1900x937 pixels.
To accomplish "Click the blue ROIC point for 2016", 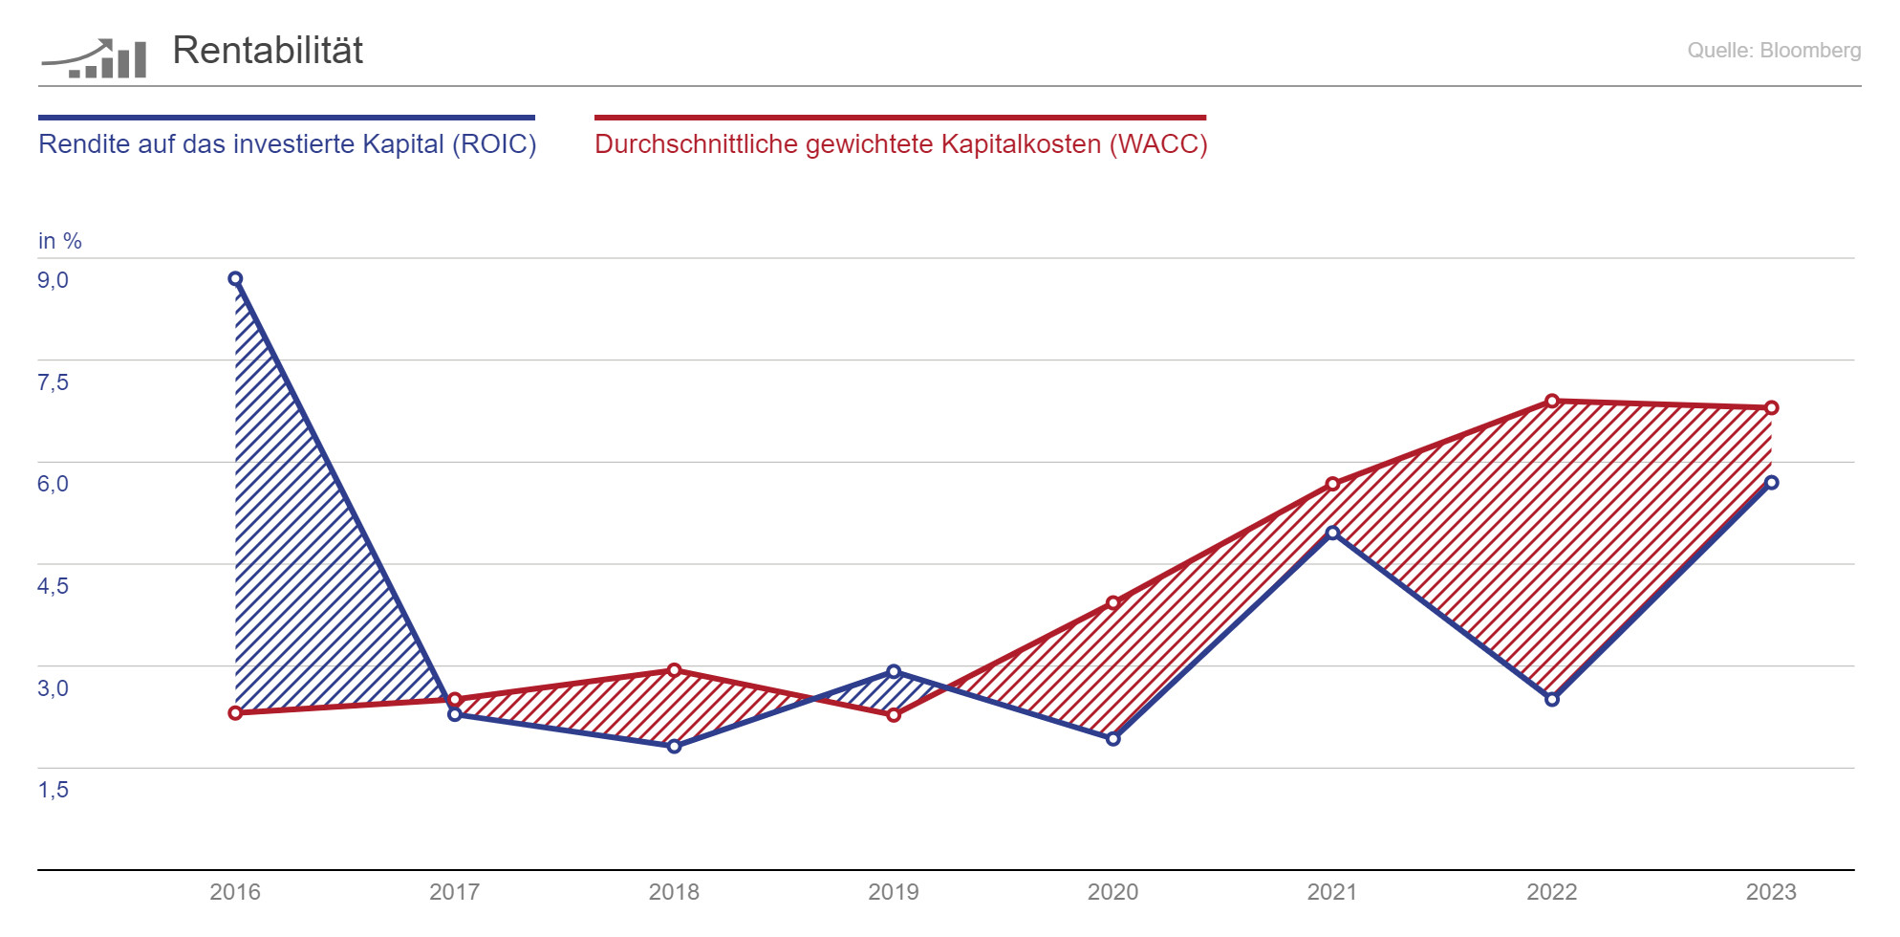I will pyautogui.click(x=235, y=279).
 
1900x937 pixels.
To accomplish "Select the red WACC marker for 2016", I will pyautogui.click(x=235, y=713).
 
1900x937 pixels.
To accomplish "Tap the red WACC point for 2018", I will pyautogui.click(x=674, y=670).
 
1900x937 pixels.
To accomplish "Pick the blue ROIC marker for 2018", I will pyautogui.click(x=674, y=747).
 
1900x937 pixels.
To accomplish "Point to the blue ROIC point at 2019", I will pyautogui.click(x=894, y=671).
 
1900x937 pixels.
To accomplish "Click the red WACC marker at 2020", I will pyautogui.click(x=1112, y=603).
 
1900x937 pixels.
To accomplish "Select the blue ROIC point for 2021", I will pyautogui.click(x=1332, y=533).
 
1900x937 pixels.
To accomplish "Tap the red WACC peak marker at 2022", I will pyautogui.click(x=1552, y=401).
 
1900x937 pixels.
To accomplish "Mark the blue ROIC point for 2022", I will pyautogui.click(x=1552, y=700).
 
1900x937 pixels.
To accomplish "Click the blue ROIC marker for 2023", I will pyautogui.click(x=1771, y=483).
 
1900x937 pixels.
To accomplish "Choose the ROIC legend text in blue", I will pyautogui.click(x=287, y=144).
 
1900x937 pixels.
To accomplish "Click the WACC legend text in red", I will pyautogui.click(x=900, y=144).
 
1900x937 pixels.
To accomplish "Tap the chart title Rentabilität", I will pyautogui.click(x=268, y=51).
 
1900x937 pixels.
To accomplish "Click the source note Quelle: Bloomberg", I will pyautogui.click(x=1773, y=51).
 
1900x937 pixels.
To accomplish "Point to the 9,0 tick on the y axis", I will pyautogui.click(x=53, y=280).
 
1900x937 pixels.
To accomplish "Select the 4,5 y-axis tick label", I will pyautogui.click(x=53, y=586).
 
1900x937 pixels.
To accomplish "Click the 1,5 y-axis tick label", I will pyautogui.click(x=53, y=790).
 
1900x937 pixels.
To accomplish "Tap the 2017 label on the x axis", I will pyautogui.click(x=454, y=892).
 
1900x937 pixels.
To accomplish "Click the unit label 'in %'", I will pyautogui.click(x=59, y=241).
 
